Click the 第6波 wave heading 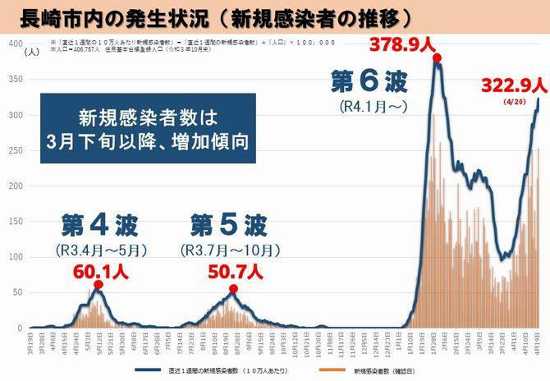pyautogui.click(x=369, y=83)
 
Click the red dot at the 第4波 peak pyautogui.click(x=98, y=285)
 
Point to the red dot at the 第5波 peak pyautogui.click(x=233, y=288)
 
